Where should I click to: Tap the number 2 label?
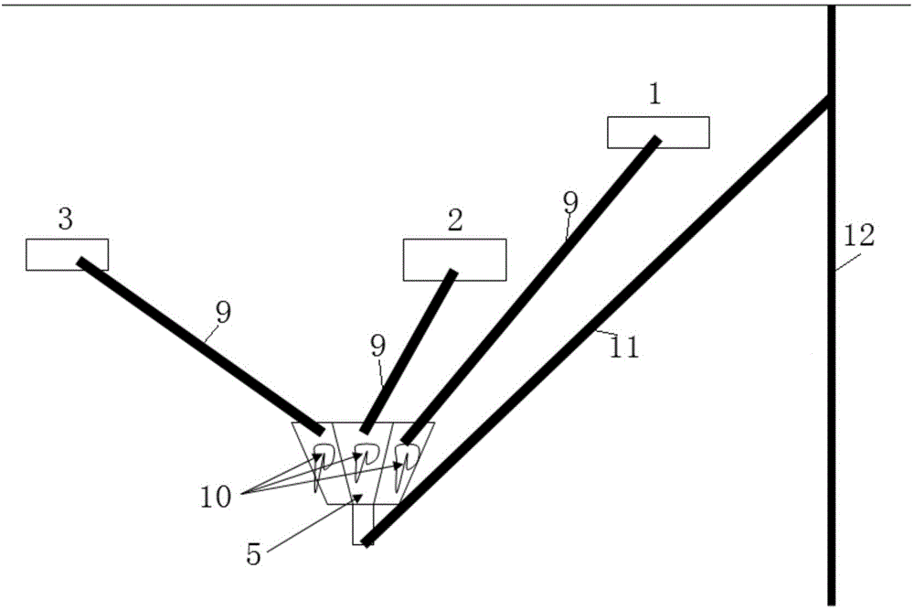pos(455,220)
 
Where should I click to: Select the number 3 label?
pos(66,220)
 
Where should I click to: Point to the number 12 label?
pos(859,236)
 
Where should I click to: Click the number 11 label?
pos(625,348)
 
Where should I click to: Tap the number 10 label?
pos(217,498)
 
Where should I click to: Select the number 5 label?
pos(253,555)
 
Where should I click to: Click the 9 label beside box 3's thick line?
pos(223,313)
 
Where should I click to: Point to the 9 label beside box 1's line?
pos(570,203)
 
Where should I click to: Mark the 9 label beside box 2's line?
pos(378,348)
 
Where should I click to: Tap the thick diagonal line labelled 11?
pos(596,321)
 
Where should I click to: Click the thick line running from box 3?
pos(200,346)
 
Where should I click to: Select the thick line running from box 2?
pos(409,351)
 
